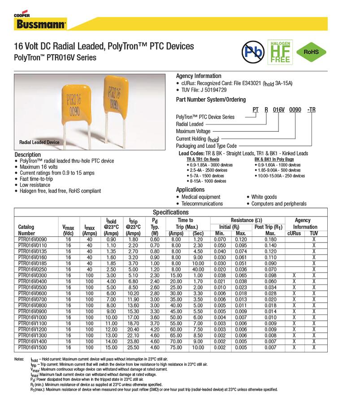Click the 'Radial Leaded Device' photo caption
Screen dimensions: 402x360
tap(39, 142)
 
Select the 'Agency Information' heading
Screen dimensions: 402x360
tap(198, 76)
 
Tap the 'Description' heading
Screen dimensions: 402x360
tap(27, 155)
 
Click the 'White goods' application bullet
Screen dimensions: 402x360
tap(264, 197)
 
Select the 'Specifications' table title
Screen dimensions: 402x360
tap(171, 212)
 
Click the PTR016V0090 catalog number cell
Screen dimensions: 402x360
tap(32, 240)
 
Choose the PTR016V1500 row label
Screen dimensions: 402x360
tap(32, 347)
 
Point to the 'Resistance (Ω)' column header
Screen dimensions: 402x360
tap(246, 220)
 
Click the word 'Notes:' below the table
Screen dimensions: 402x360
tap(19, 359)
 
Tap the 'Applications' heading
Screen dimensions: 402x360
tap(190, 190)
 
